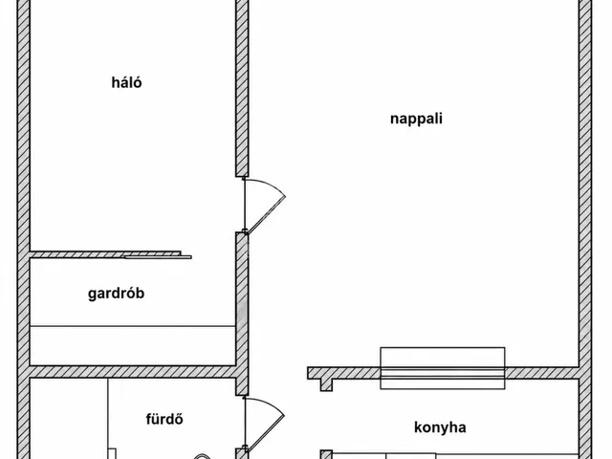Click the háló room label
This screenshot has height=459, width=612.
click(x=126, y=82)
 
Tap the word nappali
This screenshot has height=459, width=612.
click(x=416, y=119)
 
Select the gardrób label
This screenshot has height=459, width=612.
click(x=116, y=294)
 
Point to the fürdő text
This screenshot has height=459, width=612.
click(x=164, y=419)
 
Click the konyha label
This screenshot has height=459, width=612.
click(x=440, y=427)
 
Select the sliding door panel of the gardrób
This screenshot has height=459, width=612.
click(x=158, y=257)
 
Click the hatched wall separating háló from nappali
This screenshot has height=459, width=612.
click(x=242, y=88)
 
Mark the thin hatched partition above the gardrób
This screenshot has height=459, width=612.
click(x=105, y=254)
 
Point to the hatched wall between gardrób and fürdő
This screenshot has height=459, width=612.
click(x=133, y=372)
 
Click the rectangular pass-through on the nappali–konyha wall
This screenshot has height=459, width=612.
click(x=442, y=368)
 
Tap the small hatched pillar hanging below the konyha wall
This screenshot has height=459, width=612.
click(x=326, y=384)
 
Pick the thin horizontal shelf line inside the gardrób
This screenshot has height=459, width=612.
click(x=133, y=325)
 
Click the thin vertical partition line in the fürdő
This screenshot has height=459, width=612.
click(x=108, y=419)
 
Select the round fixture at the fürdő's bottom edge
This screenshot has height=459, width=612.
click(x=202, y=457)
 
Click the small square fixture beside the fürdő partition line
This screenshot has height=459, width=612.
click(x=113, y=454)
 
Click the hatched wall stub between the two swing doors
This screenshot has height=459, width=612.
click(x=242, y=314)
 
